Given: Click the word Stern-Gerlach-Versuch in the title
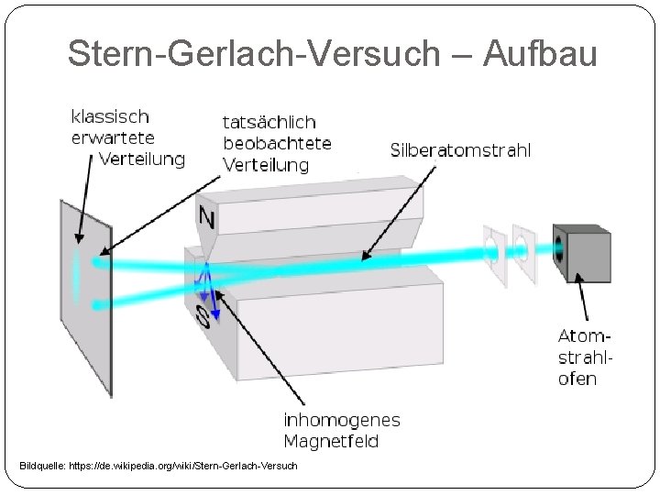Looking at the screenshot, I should point(254,53).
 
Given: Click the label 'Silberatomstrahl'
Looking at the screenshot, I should point(459,150).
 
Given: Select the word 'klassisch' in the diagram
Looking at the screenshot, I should point(111,116).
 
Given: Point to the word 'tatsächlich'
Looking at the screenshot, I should point(269,122).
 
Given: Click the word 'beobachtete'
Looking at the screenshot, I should point(277,143).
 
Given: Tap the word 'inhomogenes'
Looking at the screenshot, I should point(341,421).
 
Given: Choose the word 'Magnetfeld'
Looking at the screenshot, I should point(331,442).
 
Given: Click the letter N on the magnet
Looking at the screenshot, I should point(208,217).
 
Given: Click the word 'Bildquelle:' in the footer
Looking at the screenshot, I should point(41,467).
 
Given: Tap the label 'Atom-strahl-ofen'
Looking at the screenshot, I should point(584,357).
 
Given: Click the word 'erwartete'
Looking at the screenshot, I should point(113,137).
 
